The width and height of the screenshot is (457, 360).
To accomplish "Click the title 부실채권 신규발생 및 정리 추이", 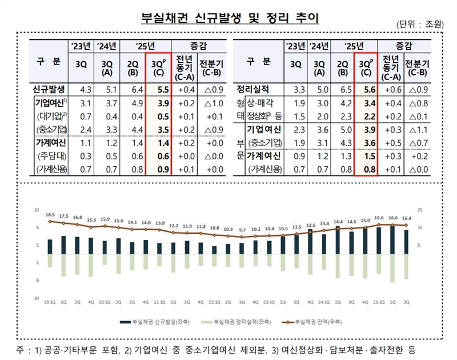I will pyautogui.click(x=229, y=18).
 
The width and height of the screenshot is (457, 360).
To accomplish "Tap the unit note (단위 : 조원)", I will pyautogui.click(x=419, y=25).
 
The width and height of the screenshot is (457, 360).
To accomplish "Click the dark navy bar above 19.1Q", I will pyautogui.click(x=50, y=246).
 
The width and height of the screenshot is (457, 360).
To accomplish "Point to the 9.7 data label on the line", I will pyautogui.click(x=242, y=229).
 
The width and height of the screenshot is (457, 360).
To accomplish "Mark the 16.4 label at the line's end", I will pyautogui.click(x=406, y=218).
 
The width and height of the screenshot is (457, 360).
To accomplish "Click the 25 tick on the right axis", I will pyautogui.click(x=420, y=210).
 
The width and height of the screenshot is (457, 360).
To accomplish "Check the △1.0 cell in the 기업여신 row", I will pyautogui.click(x=213, y=103).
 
